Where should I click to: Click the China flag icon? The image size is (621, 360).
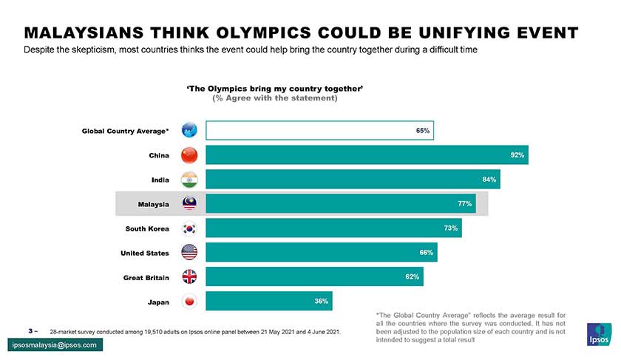(189, 155)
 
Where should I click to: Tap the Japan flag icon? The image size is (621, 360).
(189, 302)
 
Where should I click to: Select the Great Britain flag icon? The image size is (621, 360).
(189, 277)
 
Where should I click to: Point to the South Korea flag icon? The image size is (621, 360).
(189, 228)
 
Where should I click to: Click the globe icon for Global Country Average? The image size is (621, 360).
(189, 131)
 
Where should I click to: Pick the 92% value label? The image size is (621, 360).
(517, 155)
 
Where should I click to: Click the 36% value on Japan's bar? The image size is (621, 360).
(321, 302)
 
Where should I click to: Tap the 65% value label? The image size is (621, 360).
(423, 131)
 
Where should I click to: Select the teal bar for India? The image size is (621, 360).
(352, 180)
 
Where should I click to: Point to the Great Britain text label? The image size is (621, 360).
(146, 277)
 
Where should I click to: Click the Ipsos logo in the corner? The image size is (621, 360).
(598, 334)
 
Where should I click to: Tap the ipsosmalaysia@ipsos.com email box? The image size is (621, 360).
(54, 345)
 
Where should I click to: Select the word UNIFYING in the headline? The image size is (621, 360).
(466, 34)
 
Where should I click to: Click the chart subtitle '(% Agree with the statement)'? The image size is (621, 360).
(275, 98)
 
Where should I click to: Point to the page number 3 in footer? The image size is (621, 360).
(30, 330)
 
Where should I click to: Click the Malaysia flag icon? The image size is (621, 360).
(189, 204)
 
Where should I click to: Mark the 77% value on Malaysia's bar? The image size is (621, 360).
(464, 204)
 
